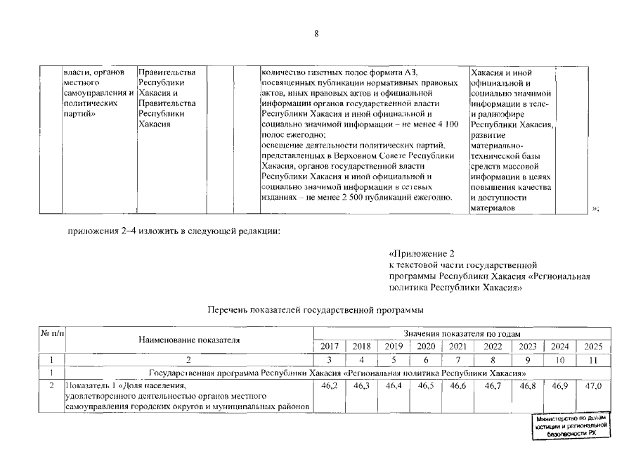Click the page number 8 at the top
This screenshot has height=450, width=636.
317,34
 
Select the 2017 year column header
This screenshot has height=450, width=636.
329,346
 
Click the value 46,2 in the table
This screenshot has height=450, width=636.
329,387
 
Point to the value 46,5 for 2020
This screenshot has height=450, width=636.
426,387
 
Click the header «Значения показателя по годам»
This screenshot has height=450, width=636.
462,332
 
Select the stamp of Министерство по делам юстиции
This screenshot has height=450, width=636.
570,426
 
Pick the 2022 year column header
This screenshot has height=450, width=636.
493,346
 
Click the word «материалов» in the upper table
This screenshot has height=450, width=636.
491,208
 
